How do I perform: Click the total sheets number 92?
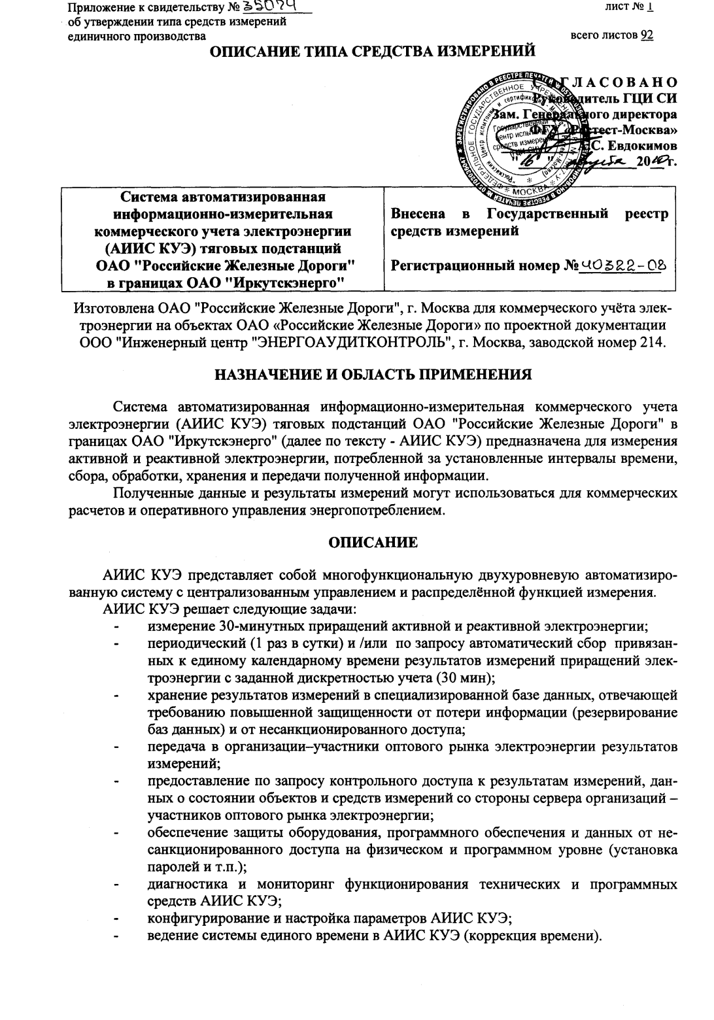(x=647, y=35)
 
